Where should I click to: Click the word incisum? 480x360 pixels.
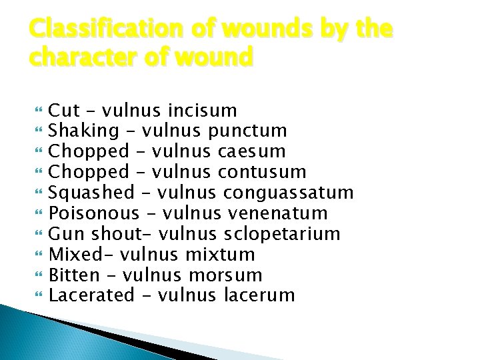[203, 110]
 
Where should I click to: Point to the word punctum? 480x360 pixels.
[247, 131]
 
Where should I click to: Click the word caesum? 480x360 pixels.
[251, 151]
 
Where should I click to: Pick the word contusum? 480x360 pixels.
[262, 172]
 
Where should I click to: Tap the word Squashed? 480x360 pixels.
[92, 193]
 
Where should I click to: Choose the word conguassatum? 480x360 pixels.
[289, 193]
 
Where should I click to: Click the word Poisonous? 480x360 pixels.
[95, 213]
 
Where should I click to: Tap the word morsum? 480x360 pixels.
[225, 275]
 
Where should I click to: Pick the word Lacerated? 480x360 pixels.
[92, 295]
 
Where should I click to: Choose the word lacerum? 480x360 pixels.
[257, 295]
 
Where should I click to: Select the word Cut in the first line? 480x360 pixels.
[65, 110]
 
